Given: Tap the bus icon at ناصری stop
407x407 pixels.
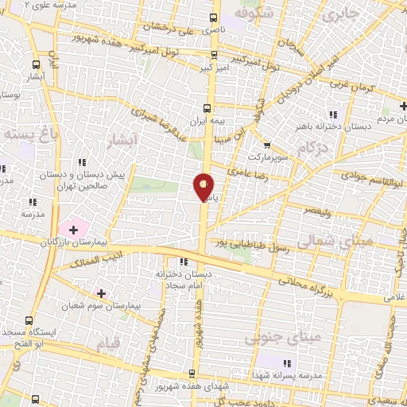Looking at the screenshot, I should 214,17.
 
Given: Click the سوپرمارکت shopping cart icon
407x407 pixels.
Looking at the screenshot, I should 267,145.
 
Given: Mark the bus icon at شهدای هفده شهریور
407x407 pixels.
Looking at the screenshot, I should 191,374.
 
